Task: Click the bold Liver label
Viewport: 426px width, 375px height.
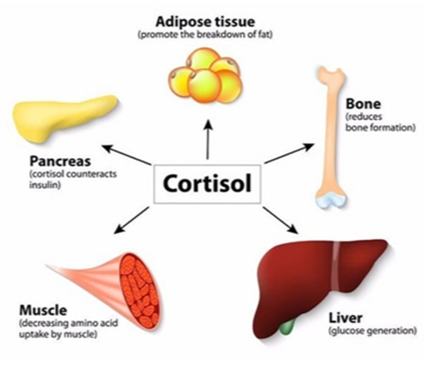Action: pyautogui.click(x=347, y=319)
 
